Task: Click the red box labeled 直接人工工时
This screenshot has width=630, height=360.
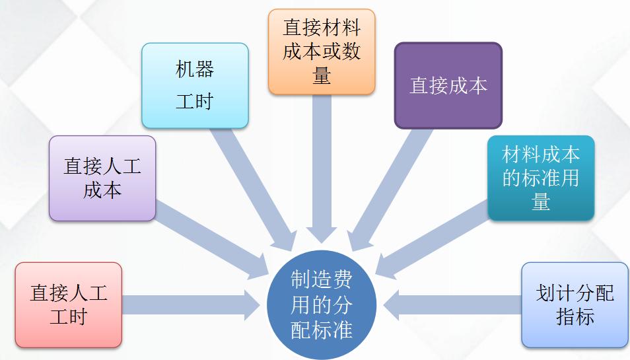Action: click(x=68, y=305)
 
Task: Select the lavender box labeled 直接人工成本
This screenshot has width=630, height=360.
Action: click(x=102, y=178)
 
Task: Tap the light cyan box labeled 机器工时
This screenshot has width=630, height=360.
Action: click(x=195, y=85)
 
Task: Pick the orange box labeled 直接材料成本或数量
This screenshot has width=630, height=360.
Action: click(x=322, y=52)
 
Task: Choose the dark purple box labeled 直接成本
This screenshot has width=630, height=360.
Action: click(x=448, y=85)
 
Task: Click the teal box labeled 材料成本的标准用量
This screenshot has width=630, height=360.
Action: click(x=541, y=178)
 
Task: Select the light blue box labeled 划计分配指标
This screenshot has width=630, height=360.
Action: click(x=575, y=305)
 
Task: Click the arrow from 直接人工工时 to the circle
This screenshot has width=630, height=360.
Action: click(x=192, y=305)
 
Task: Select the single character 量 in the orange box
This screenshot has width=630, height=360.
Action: click(x=322, y=75)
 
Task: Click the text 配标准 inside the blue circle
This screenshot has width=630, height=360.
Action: click(x=322, y=328)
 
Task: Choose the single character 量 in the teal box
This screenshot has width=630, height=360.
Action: click(x=541, y=201)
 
